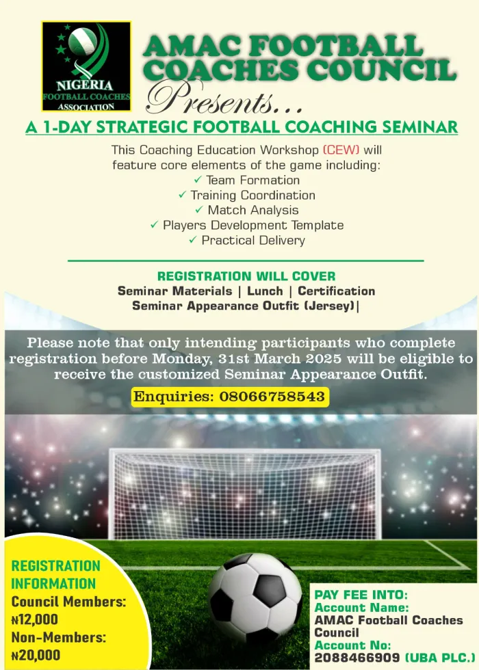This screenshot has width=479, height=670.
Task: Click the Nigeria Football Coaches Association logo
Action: click(86, 66)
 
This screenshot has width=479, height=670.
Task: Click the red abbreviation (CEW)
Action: click(341, 150)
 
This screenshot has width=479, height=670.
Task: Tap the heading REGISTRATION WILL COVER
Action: click(246, 276)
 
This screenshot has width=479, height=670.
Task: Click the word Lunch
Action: click(265, 291)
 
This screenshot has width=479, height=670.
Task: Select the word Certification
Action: click(336, 291)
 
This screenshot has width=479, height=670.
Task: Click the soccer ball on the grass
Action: click(255, 594)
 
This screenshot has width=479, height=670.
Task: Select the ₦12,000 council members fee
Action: click(35, 620)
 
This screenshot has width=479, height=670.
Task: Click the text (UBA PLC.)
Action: click(438, 658)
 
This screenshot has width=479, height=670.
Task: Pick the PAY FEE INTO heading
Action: click(361, 595)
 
